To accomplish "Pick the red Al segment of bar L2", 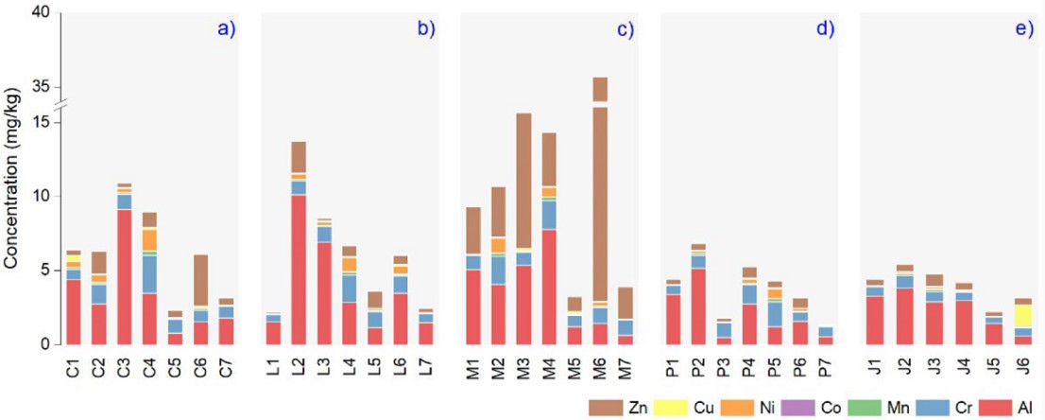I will point(299,270).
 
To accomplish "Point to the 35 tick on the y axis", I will point(42,87).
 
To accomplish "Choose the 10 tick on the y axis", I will point(42,197).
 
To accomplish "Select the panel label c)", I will point(625,28).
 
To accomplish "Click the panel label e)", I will point(1024,28).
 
